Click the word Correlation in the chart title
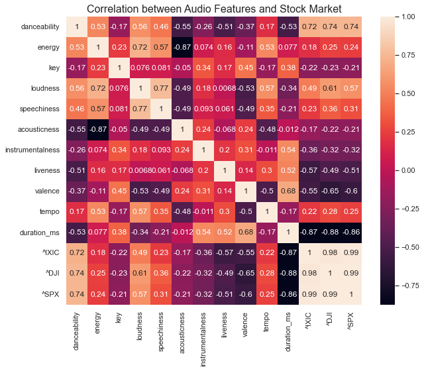(117, 9)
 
